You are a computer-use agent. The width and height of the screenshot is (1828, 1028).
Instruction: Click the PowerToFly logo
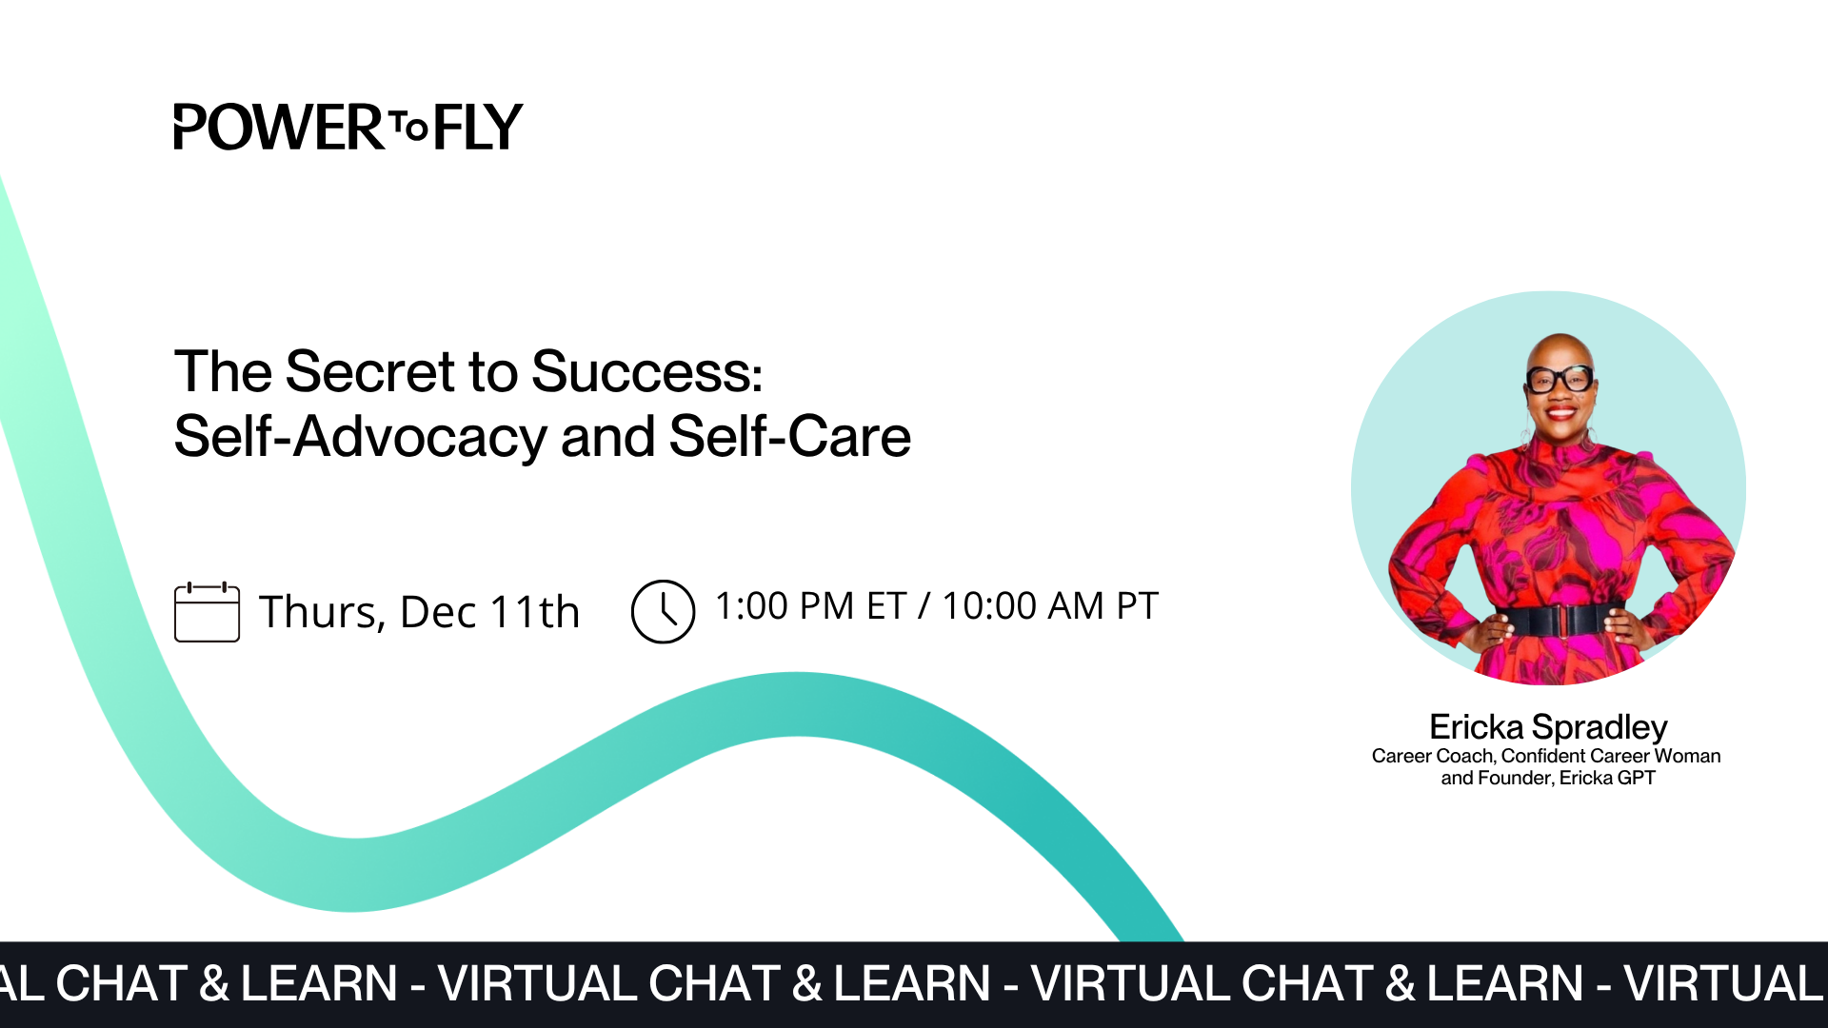coord(348,128)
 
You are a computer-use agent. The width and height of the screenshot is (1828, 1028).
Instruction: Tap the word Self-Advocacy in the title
coord(360,437)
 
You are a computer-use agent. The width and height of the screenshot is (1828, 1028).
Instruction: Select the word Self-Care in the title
coord(789,437)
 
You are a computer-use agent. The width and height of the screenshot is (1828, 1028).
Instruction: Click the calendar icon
coord(207,612)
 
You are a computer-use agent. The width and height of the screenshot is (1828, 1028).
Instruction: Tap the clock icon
coord(663,612)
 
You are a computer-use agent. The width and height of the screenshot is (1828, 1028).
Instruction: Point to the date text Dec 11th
coord(489,612)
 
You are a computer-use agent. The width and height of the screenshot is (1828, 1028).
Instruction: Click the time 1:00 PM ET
coord(809,606)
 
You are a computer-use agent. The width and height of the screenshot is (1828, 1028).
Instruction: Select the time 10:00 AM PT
coord(1049,606)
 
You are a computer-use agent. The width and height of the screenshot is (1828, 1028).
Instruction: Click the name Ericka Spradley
coord(1548,727)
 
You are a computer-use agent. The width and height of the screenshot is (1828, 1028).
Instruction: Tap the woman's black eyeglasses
coord(1560,379)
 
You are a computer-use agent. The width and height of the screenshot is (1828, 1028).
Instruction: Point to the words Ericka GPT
coord(1607,779)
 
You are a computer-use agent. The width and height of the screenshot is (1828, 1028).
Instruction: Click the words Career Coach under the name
coord(1432,757)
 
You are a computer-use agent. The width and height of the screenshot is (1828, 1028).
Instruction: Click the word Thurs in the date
coord(321,612)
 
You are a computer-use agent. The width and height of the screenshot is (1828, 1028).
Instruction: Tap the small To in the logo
coord(409,127)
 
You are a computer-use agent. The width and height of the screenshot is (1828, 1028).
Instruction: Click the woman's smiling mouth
coord(1561,413)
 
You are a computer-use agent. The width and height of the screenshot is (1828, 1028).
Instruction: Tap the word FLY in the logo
coord(478,128)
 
